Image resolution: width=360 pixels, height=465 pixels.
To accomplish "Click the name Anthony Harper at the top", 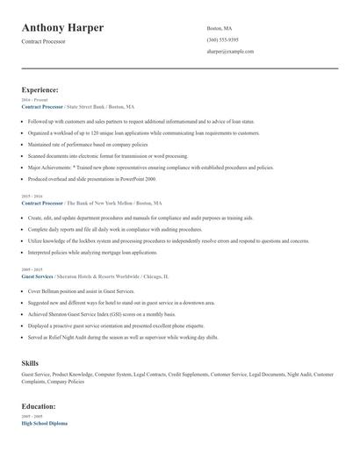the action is [62, 28].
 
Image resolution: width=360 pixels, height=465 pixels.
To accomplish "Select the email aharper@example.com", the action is [230, 52].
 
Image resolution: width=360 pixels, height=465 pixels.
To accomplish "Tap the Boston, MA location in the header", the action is [220, 28].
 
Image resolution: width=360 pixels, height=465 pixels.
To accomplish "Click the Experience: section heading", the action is [40, 89].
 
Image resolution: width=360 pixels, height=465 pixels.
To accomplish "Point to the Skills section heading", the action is [30, 361].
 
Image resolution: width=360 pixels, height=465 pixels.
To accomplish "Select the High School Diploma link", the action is [46, 423].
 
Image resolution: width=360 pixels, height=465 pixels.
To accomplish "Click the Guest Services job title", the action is [37, 275].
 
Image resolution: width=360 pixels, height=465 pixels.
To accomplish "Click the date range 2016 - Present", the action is [33, 100].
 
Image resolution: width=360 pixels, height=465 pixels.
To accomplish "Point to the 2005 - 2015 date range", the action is [32, 269].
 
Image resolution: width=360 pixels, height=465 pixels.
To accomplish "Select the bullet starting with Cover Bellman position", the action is [73, 290].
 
